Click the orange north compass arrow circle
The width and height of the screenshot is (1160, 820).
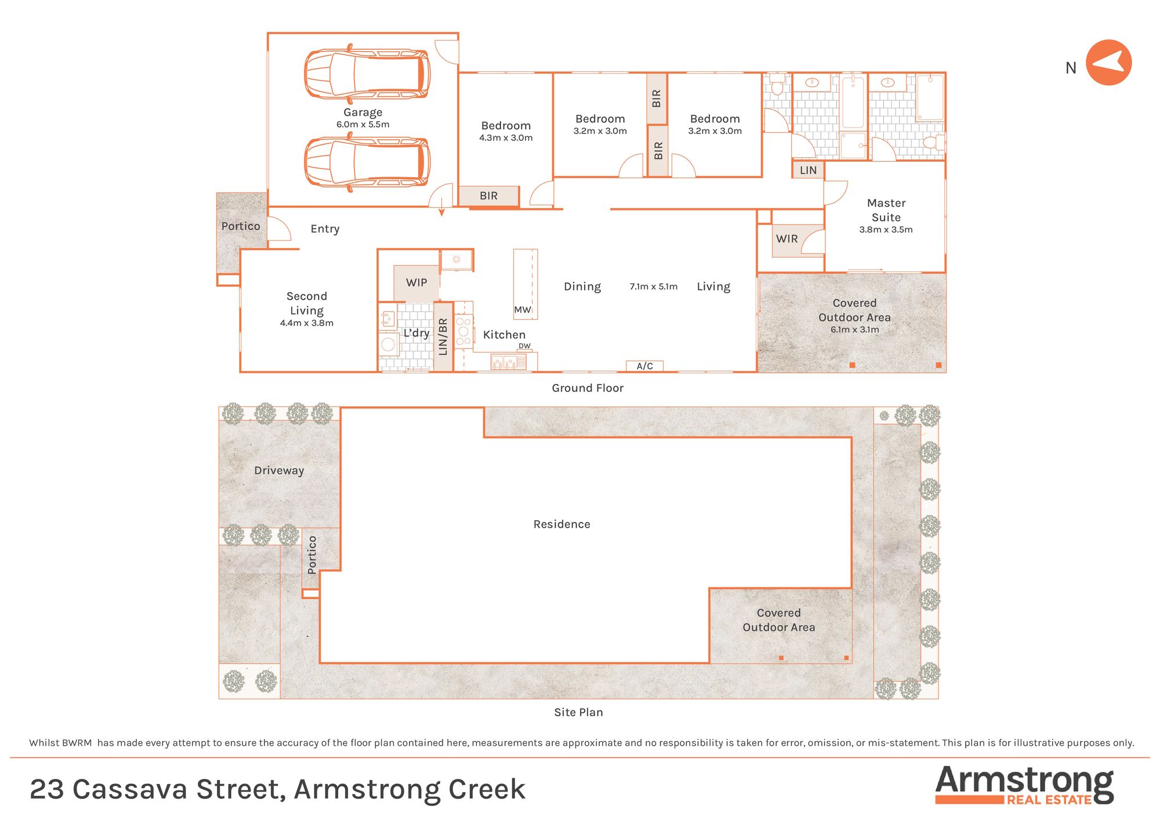click(1108, 63)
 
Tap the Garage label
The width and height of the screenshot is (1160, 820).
click(362, 113)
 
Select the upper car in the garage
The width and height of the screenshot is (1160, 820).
click(367, 74)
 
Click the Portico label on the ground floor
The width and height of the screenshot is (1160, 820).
click(241, 226)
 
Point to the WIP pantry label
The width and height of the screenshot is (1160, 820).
click(416, 282)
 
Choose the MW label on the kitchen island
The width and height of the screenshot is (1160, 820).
click(522, 310)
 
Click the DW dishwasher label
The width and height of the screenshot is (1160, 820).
click(524, 346)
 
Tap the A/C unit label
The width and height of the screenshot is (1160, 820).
click(644, 366)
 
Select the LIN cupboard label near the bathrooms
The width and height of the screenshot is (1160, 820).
click(808, 170)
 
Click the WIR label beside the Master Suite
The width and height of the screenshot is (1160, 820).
click(786, 239)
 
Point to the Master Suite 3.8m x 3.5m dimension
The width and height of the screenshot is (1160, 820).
click(886, 230)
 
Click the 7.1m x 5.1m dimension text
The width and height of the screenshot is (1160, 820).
click(654, 286)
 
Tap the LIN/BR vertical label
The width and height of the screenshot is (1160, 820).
click(443, 337)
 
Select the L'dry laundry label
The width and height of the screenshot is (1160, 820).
click(416, 333)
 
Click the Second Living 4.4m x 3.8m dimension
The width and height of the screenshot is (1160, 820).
click(307, 323)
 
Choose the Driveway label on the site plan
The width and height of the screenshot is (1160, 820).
click(279, 470)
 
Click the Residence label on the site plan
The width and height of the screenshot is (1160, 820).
click(561, 524)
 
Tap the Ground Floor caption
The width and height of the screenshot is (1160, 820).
click(588, 388)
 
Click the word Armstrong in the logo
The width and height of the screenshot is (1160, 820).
click(1024, 782)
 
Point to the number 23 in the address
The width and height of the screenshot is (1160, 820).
click(47, 789)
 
